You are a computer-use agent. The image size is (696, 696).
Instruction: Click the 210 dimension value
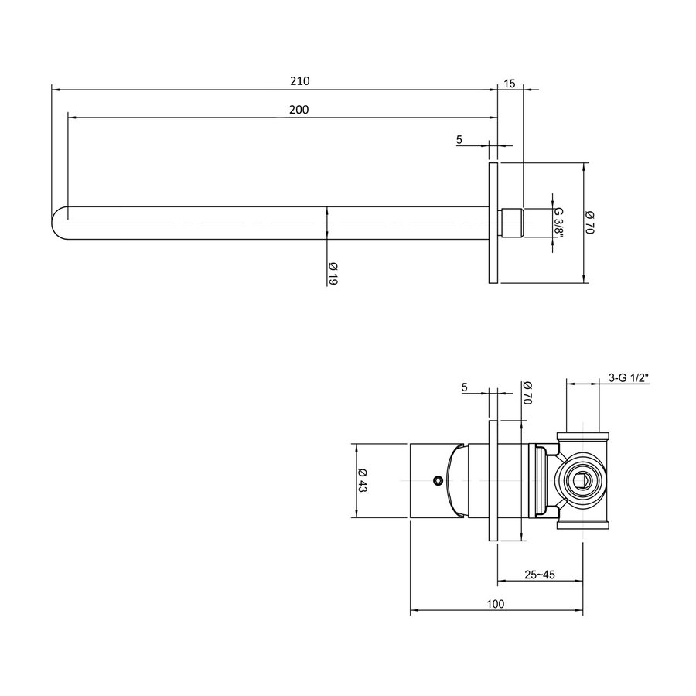point(299,81)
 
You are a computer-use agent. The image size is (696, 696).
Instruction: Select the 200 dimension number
point(299,110)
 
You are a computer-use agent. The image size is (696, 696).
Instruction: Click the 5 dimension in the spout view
point(459,139)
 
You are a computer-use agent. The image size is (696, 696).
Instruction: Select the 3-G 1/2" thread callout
point(628,377)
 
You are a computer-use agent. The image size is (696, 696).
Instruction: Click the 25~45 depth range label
point(540,575)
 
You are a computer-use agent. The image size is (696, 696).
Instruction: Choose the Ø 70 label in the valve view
point(528,394)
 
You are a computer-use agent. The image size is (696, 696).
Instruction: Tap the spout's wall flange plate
point(493,223)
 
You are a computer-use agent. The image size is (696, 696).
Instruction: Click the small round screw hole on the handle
point(438,481)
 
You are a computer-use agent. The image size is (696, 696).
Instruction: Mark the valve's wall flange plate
point(493,481)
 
